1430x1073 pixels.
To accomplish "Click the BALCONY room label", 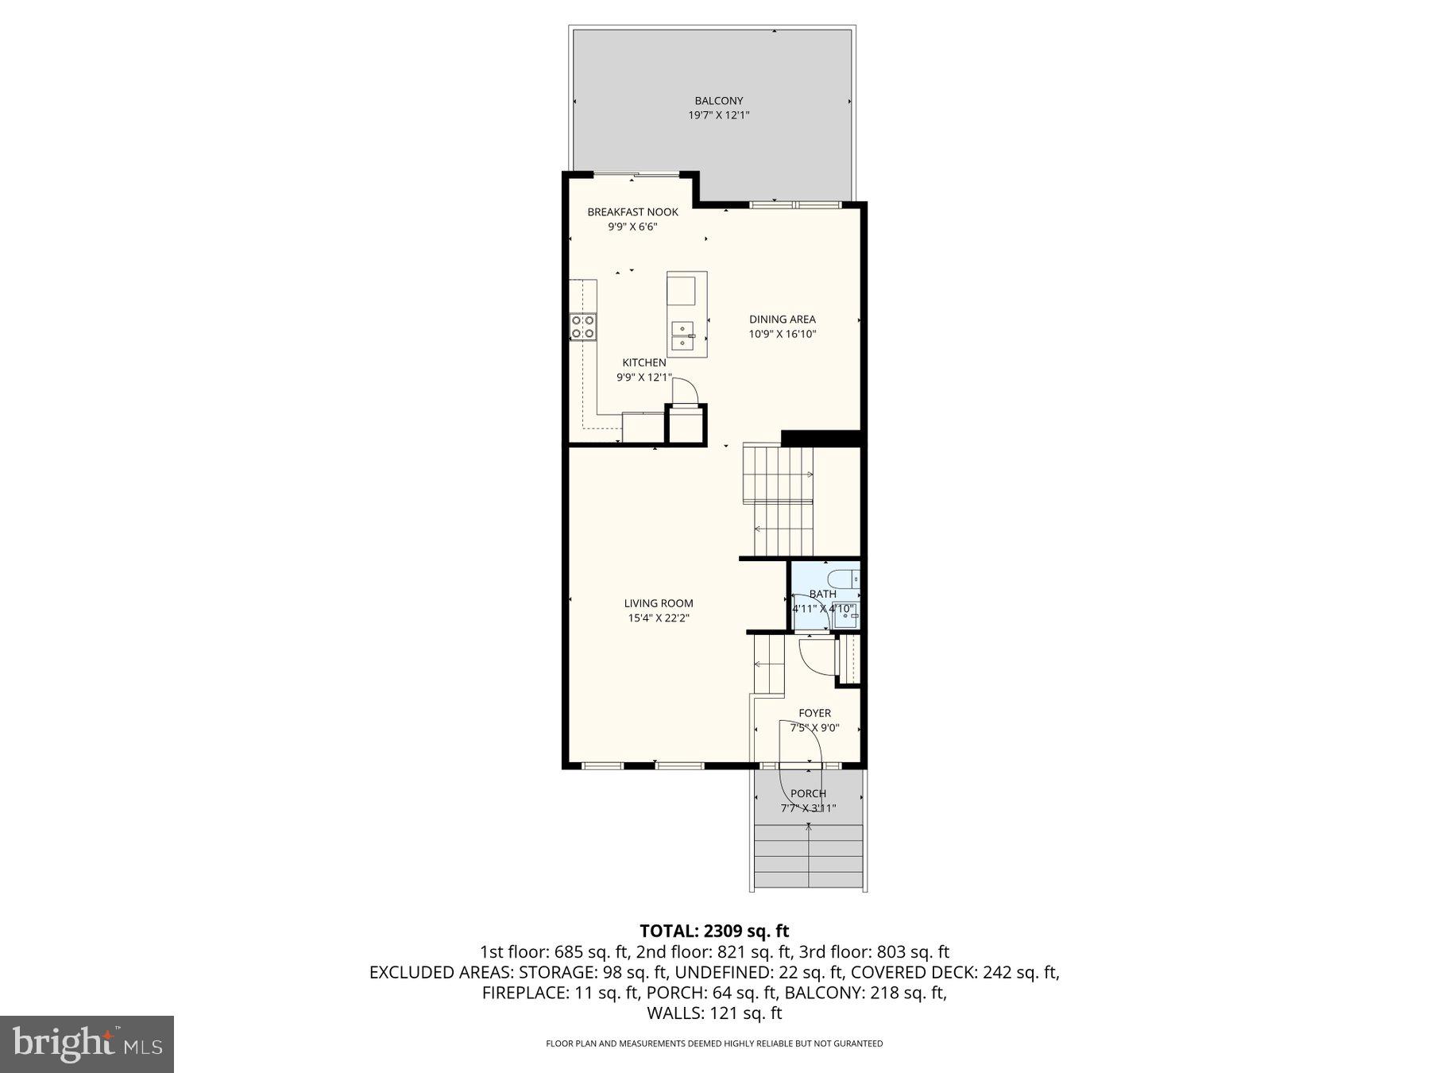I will click(718, 101).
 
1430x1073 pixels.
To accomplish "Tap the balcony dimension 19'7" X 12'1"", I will click(718, 115).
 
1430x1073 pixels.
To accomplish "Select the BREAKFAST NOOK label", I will click(632, 211).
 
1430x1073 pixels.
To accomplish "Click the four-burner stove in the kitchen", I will click(582, 327).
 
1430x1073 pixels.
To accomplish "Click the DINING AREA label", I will click(782, 320).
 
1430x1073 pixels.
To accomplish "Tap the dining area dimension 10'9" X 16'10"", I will click(782, 335).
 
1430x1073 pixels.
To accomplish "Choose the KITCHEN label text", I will click(643, 362).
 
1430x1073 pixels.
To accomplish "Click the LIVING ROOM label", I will click(658, 603).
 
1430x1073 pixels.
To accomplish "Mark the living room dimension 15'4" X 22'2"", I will click(658, 618).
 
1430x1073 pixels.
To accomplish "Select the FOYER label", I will click(814, 713).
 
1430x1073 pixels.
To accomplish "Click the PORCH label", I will click(808, 793).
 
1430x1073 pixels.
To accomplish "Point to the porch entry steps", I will click(808, 856).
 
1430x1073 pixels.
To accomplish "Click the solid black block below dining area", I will click(821, 438).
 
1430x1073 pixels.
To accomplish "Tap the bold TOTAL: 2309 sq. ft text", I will click(714, 931).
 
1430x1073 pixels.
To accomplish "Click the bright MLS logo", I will click(87, 1044).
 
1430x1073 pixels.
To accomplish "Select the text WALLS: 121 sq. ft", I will click(714, 1013).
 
